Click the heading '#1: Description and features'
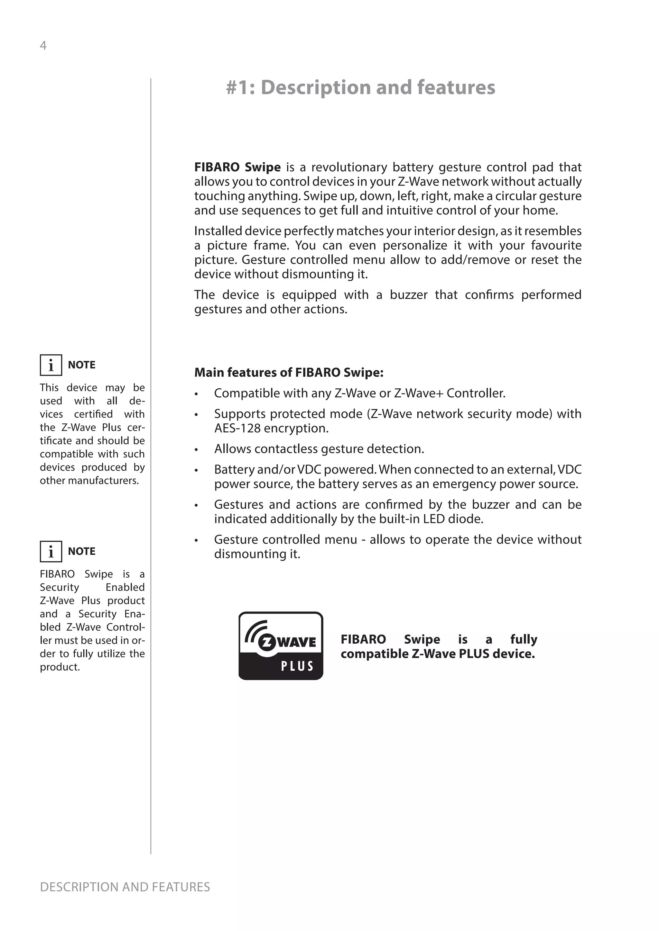(360, 87)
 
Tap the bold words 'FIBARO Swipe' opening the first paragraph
(237, 167)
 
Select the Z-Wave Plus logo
(281, 646)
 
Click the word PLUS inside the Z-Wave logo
(297, 666)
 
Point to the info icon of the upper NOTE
(51, 365)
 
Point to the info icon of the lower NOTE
(51, 551)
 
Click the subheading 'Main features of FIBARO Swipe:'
(289, 372)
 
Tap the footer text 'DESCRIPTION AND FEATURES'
(125, 887)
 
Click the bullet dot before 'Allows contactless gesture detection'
(196, 450)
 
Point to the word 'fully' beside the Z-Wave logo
(524, 639)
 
